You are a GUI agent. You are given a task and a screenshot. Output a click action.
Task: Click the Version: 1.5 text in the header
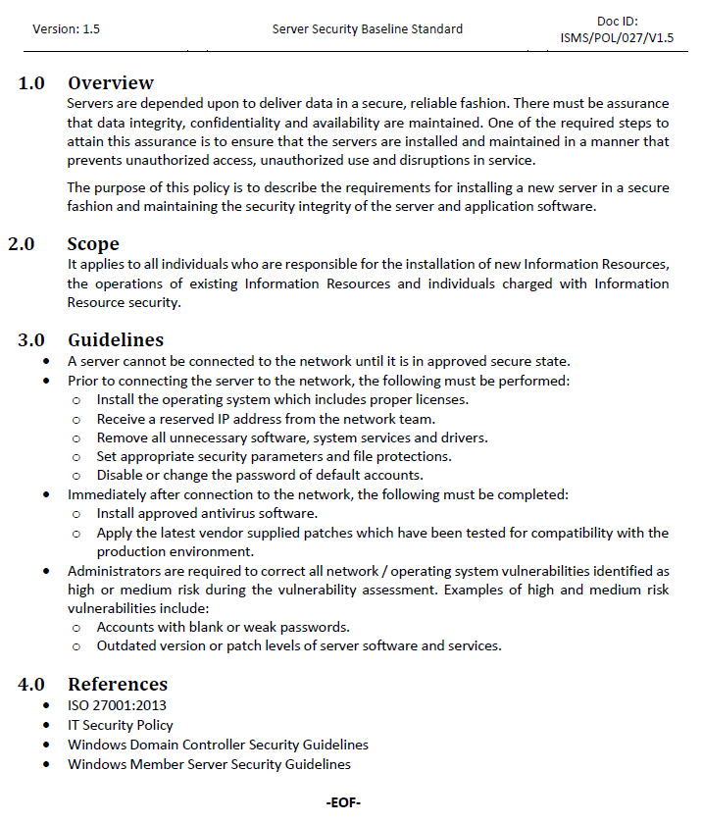(x=66, y=29)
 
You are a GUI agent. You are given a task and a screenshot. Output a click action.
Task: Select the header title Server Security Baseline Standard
(x=368, y=29)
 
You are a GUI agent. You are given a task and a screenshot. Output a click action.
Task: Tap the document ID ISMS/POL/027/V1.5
(x=617, y=39)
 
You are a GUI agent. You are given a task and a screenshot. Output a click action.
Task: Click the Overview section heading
(x=111, y=83)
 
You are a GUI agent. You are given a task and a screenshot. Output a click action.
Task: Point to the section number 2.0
(x=23, y=244)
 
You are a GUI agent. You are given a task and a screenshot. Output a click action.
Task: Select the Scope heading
(x=93, y=244)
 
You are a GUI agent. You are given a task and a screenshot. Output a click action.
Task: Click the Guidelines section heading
(x=115, y=340)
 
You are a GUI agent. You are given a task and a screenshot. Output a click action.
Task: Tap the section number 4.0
(x=31, y=685)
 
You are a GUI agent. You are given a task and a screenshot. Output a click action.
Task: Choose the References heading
(x=118, y=685)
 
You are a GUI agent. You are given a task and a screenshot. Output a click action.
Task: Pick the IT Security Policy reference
(x=121, y=725)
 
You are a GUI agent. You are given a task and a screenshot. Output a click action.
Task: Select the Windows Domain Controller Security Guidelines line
(x=218, y=745)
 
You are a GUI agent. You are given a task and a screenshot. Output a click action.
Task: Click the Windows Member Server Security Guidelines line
(x=209, y=764)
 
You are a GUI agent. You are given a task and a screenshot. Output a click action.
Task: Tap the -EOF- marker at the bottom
(x=343, y=803)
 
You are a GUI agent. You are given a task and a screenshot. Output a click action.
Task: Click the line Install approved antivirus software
(x=207, y=513)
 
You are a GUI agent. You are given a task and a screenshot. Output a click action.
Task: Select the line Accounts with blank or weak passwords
(x=224, y=627)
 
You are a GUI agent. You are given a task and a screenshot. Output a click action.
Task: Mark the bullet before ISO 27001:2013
(x=48, y=705)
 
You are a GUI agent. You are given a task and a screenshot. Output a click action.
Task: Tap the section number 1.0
(x=31, y=83)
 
